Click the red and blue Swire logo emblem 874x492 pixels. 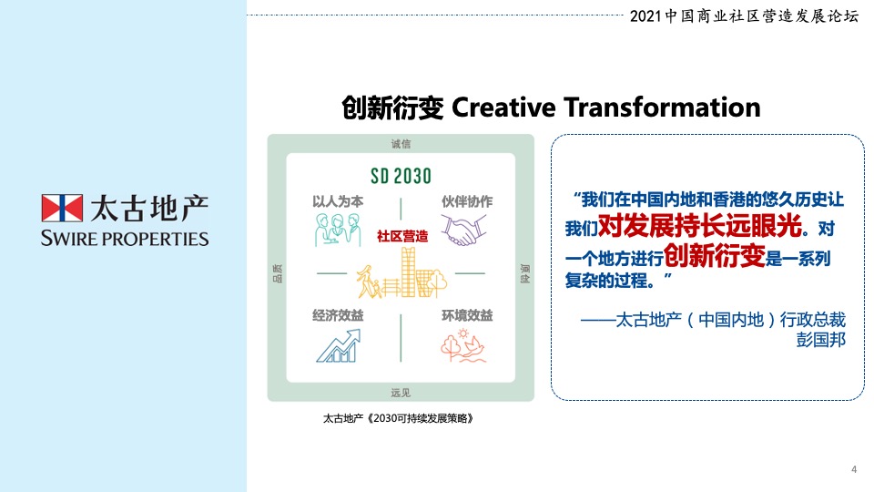pyautogui.click(x=62, y=208)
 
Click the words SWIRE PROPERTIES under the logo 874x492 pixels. pyautogui.click(x=125, y=239)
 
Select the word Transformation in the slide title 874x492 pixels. pyautogui.click(x=662, y=108)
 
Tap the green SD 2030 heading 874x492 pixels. pyautogui.click(x=400, y=175)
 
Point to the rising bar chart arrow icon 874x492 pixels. pyautogui.click(x=336, y=345)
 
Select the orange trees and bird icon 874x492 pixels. pyautogui.click(x=465, y=345)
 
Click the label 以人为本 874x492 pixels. pyautogui.click(x=338, y=200)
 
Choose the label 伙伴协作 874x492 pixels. pyautogui.click(x=467, y=200)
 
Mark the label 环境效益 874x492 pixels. pyautogui.click(x=467, y=315)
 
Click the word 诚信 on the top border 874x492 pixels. pyautogui.click(x=401, y=143)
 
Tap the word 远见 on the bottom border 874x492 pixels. pyautogui.click(x=401, y=393)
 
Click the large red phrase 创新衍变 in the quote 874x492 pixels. pyautogui.click(x=713, y=253)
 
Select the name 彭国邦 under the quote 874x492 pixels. pyautogui.click(x=820, y=339)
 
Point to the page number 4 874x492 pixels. pyautogui.click(x=853, y=468)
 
